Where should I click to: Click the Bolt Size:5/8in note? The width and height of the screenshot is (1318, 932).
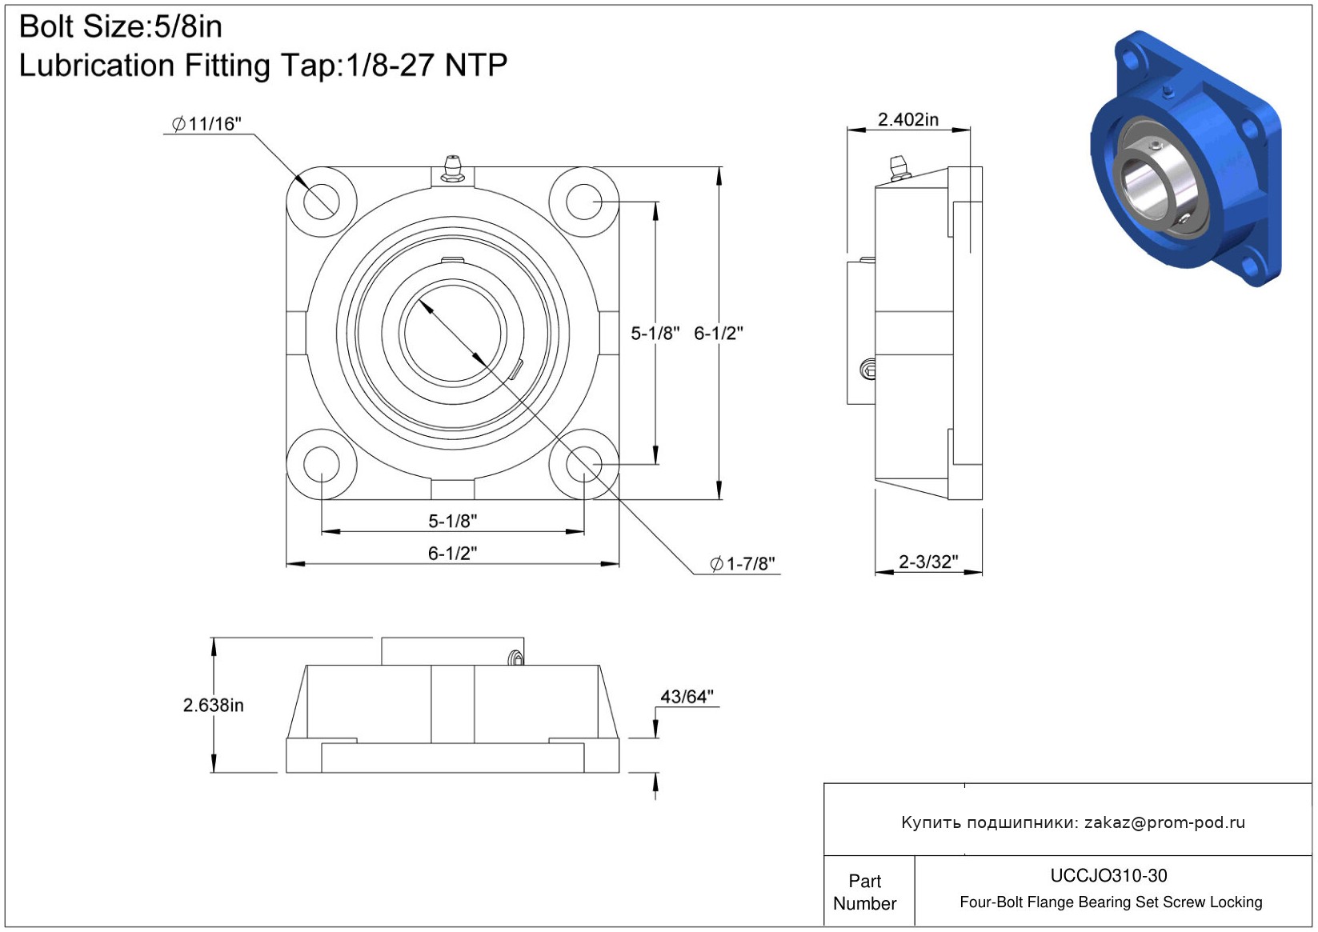[x=121, y=26]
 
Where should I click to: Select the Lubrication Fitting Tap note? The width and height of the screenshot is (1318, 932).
[x=263, y=65]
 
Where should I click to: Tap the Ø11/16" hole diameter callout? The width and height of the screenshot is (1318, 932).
[x=206, y=124]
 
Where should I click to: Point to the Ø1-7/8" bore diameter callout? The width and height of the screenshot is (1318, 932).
[x=743, y=564]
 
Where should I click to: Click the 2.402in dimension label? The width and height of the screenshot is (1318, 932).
[x=908, y=119]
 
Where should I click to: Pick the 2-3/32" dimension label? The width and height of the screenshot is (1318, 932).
[x=928, y=562]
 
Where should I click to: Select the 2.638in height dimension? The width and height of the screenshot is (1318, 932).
[x=213, y=705]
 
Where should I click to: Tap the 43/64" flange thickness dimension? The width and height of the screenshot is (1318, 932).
[x=687, y=697]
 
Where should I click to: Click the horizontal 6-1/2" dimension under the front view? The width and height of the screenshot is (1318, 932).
[x=452, y=553]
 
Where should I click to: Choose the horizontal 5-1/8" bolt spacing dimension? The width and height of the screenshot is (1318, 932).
[x=452, y=521]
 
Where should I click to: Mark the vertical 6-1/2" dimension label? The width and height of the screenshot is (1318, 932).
[x=719, y=334]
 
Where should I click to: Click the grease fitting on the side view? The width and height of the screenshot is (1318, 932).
[x=899, y=168]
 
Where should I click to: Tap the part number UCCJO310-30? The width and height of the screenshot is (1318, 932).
[x=1108, y=875]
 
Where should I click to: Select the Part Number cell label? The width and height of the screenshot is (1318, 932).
[x=864, y=892]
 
